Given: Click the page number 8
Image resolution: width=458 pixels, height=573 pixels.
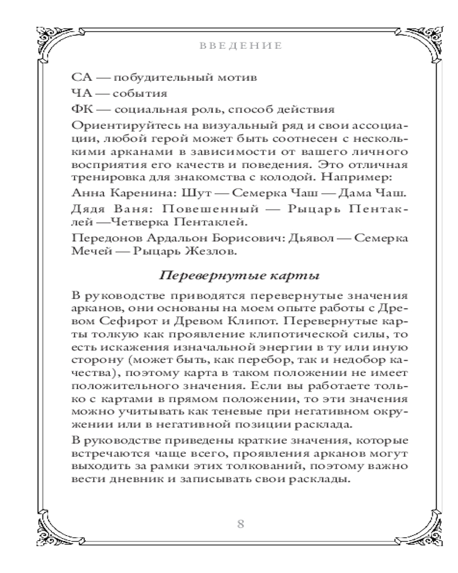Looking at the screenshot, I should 240,524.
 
